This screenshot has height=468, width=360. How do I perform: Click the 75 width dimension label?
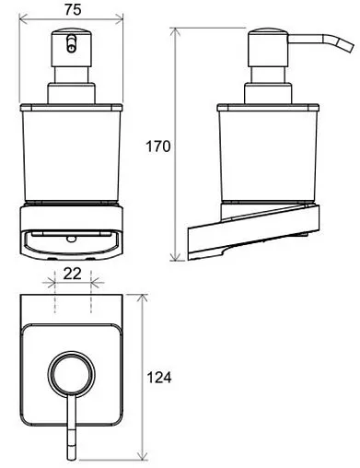pos(73,9)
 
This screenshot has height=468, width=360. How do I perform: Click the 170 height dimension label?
pos(157,146)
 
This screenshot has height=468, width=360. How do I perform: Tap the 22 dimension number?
pos(72,274)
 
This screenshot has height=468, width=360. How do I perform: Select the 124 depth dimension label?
pos(159,378)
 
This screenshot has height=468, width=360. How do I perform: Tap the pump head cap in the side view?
pos(268,48)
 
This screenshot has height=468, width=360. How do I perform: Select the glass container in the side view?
pos(268,156)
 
